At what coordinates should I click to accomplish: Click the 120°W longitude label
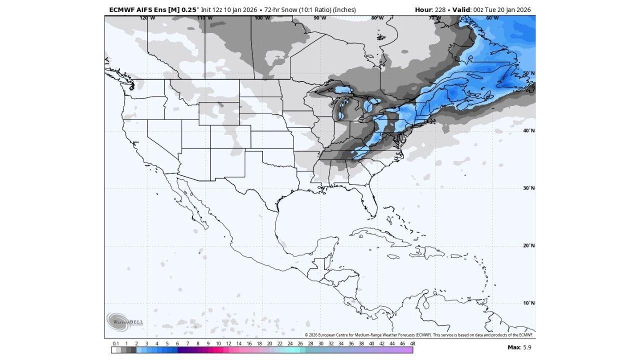[x=147, y=18]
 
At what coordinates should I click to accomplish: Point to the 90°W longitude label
[x=320, y=18]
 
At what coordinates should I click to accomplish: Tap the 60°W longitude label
[x=492, y=18]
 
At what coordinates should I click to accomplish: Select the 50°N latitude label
[x=529, y=73]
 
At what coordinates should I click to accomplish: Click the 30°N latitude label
[x=529, y=188]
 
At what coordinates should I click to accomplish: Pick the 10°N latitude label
[x=529, y=303]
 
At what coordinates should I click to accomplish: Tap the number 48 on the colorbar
[x=412, y=343]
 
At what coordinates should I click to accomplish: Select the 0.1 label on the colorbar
[x=116, y=343]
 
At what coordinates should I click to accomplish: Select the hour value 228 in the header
[x=440, y=9]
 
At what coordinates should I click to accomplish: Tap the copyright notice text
[x=419, y=335]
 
